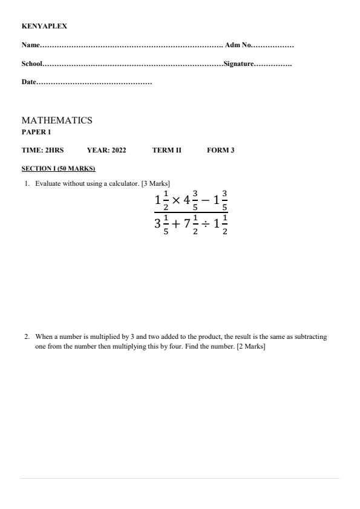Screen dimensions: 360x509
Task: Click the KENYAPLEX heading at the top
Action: (x=44, y=27)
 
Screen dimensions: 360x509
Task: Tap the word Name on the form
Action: (x=30, y=45)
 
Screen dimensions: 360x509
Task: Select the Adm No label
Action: (x=237, y=45)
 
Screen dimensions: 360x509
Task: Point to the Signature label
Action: (x=238, y=64)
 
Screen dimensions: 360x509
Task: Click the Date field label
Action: (x=28, y=82)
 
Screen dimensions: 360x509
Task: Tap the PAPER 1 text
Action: (x=36, y=132)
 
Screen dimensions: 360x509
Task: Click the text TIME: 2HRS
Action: (x=42, y=150)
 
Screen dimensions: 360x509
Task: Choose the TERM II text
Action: (x=166, y=150)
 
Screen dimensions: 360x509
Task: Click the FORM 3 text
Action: (x=220, y=150)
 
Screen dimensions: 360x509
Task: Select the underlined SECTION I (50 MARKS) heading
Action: (x=58, y=168)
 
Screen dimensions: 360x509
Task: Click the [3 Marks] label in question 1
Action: (x=155, y=183)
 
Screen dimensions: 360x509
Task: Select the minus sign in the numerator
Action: (x=206, y=200)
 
